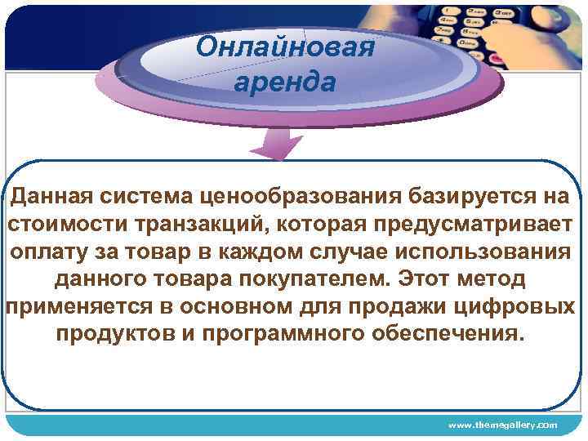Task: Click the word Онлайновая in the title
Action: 285,47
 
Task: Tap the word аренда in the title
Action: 284,82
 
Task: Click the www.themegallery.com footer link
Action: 503,425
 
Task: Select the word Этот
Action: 425,279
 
